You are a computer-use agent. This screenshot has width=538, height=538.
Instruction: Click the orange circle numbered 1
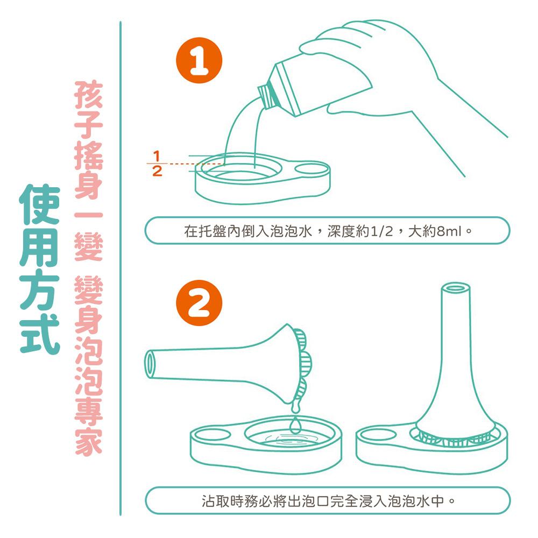pyautogui.click(x=199, y=60)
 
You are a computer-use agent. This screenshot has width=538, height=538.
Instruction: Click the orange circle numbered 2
pyautogui.click(x=199, y=303)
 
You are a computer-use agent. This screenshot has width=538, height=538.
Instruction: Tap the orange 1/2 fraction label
pyautogui.click(x=157, y=164)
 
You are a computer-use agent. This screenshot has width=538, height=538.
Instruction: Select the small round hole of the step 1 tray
pyautogui.click(x=312, y=169)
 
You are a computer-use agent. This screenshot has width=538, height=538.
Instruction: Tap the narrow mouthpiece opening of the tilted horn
pyautogui.click(x=150, y=364)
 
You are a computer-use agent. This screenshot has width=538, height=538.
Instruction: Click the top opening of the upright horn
pyautogui.click(x=455, y=287)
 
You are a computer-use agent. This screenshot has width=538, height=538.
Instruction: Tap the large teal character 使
pyautogui.click(x=40, y=204)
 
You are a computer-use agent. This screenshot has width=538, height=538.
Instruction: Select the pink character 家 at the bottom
pyautogui.click(x=89, y=442)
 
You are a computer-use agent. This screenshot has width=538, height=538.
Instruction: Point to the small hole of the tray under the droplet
pyautogui.click(x=213, y=435)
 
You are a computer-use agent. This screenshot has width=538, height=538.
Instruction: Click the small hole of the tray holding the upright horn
pyautogui.click(x=378, y=434)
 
